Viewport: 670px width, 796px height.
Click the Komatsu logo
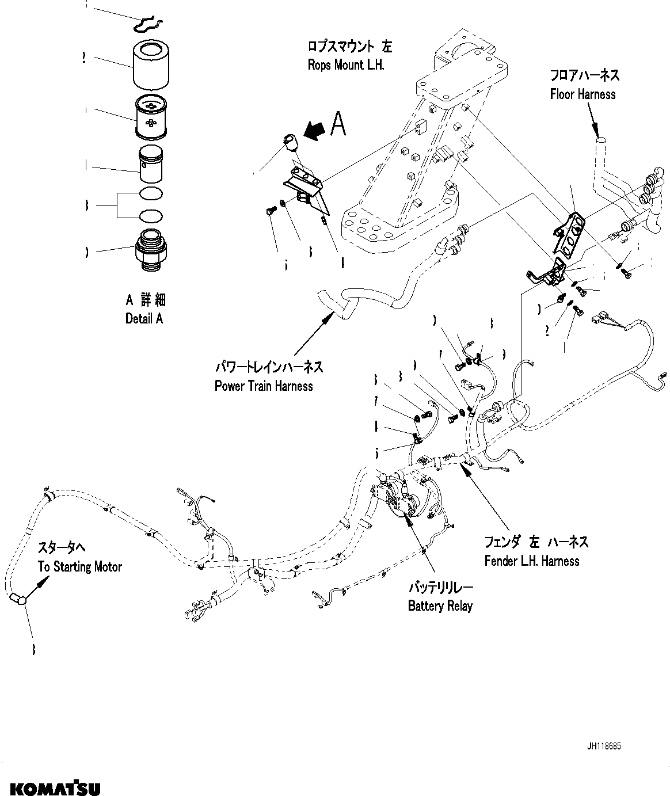pos(51,787)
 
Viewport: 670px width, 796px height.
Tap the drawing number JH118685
pos(604,747)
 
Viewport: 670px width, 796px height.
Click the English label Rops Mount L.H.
pos(345,65)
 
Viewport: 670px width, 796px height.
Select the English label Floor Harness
pos(583,94)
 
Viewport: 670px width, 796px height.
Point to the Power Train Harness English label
pos(264,386)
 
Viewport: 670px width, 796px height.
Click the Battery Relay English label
pos(440,606)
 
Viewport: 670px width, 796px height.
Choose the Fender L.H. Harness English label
pos(531,561)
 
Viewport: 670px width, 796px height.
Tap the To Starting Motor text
pos(80,567)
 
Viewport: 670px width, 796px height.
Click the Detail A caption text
pos(144,318)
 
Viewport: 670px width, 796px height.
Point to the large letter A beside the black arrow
pos(339,124)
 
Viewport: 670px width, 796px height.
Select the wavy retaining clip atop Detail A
pos(148,24)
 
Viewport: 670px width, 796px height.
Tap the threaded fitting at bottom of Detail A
pos(150,252)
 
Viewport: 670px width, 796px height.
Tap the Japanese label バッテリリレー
pos(440,588)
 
